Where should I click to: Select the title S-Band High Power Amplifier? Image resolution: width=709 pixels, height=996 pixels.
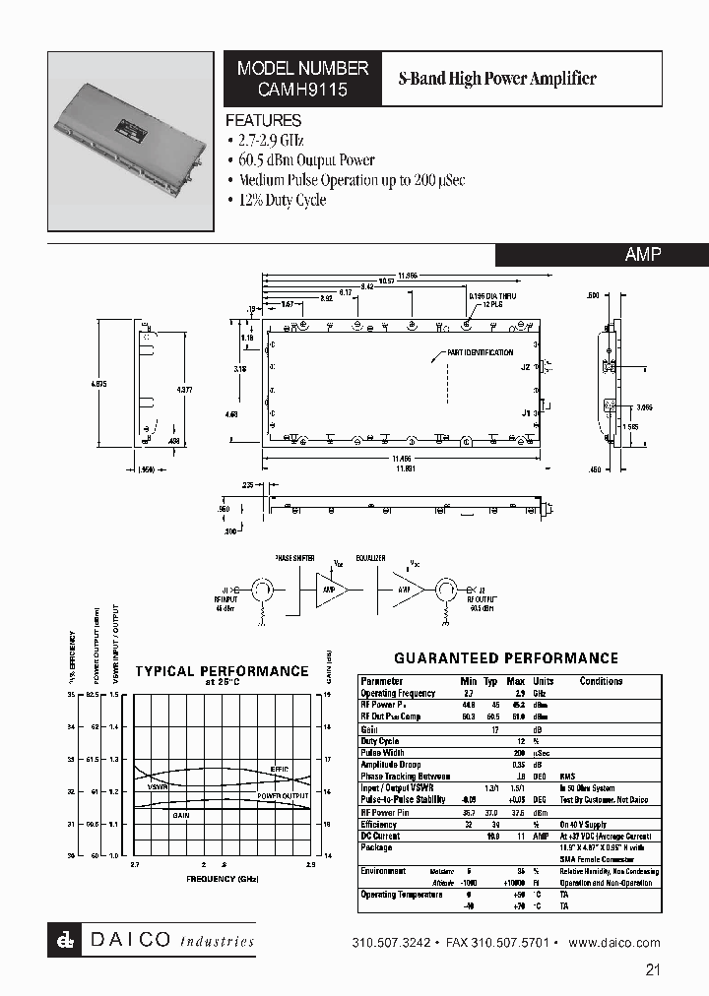coord(496,79)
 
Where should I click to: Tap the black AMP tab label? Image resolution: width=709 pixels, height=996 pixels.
coord(643,254)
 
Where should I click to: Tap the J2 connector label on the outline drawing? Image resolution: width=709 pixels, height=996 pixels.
coord(526,367)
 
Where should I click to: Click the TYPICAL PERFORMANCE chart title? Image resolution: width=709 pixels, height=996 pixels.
coord(222,671)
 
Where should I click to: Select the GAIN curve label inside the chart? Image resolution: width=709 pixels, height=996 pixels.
coord(181,815)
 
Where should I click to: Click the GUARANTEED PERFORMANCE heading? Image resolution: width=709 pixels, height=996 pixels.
coord(506,658)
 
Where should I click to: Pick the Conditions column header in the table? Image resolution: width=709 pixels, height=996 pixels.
coord(601,681)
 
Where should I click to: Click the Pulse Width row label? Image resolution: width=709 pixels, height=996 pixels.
coord(383,753)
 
